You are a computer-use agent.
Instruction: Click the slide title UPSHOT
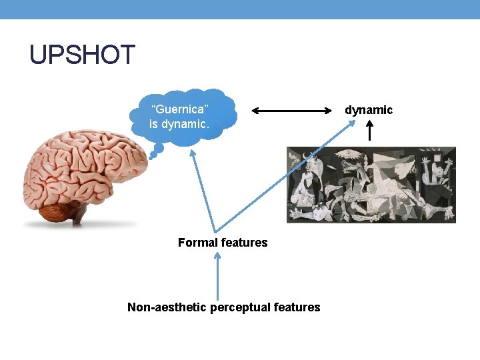tap(82, 55)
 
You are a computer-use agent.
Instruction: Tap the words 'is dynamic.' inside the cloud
tap(179, 124)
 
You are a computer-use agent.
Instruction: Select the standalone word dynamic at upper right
tap(369, 110)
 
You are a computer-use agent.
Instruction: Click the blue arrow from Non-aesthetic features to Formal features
tap(217, 277)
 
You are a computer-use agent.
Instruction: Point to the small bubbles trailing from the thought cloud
tap(155, 153)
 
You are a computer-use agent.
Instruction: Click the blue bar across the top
tap(240, 9)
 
